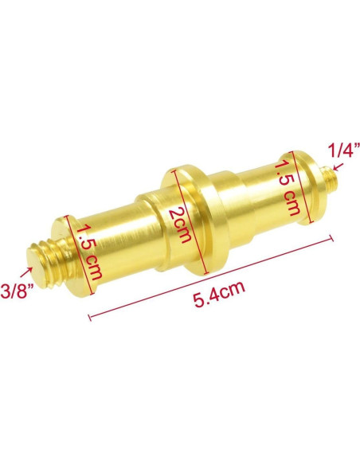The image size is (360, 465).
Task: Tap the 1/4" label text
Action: (345, 150)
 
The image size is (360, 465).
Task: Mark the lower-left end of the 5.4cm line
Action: (90, 318)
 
